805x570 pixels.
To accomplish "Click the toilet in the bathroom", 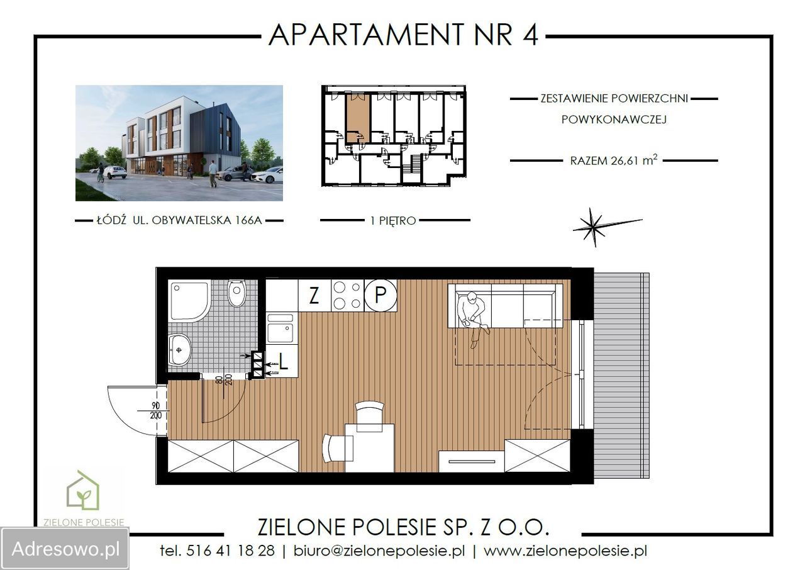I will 236,293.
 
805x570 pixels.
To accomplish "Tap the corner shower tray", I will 188,301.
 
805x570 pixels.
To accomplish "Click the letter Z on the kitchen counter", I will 314,296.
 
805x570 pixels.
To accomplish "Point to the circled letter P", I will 380,296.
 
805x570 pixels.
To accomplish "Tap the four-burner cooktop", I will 347,296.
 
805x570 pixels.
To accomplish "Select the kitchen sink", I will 280,330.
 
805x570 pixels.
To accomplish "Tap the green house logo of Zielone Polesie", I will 83,492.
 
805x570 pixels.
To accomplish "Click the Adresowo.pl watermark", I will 65,549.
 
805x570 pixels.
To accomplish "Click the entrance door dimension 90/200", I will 156,410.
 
